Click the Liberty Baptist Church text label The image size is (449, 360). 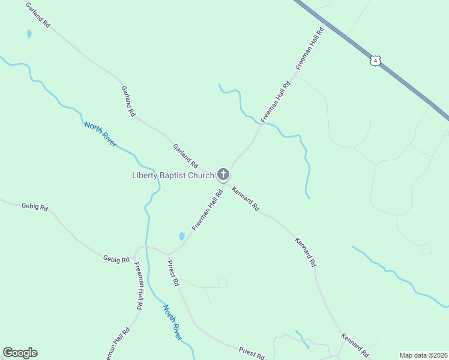pyautogui.click(x=173, y=175)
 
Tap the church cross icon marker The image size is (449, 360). pyautogui.click(x=223, y=175)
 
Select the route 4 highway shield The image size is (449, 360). pyautogui.click(x=375, y=61)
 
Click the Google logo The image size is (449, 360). pyautogui.click(x=20, y=353)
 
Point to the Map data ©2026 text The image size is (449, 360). pyautogui.click(x=423, y=355)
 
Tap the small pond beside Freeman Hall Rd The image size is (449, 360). pyautogui.click(x=182, y=236)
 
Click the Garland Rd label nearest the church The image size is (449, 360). pyautogui.click(x=185, y=155)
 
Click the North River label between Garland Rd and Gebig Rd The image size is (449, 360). pyautogui.click(x=100, y=134)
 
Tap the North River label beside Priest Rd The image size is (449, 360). pyautogui.click(x=172, y=322)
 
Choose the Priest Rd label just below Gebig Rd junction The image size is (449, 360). pyautogui.click(x=173, y=273)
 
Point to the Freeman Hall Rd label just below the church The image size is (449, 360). pyautogui.click(x=208, y=209)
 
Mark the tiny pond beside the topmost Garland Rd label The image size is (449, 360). pyautogui.click(x=29, y=34)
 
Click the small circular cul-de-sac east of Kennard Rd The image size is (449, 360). pyautogui.click(x=427, y=248)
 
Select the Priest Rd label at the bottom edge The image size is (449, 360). pyautogui.click(x=251, y=352)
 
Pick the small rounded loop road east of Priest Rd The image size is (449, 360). pyautogui.click(x=222, y=283)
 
